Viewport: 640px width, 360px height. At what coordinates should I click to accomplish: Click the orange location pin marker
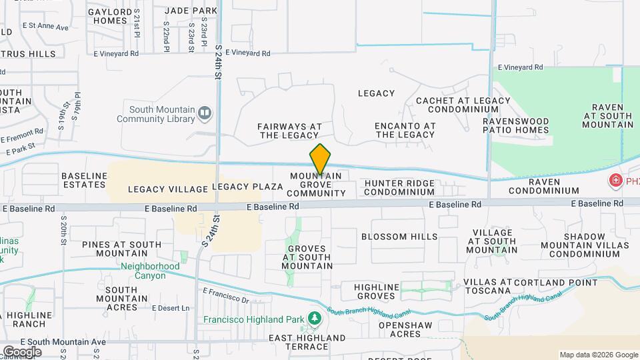coord(320,159)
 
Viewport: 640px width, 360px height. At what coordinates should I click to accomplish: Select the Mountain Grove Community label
coord(316,185)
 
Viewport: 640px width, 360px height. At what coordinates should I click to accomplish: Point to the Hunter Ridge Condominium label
coord(395,187)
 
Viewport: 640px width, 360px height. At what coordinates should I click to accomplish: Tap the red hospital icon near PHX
coord(614,181)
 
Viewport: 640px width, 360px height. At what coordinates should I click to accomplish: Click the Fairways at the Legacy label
coord(289,131)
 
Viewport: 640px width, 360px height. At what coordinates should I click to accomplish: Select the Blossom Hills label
coord(399,237)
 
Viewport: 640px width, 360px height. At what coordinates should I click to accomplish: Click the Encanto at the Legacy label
coord(405,130)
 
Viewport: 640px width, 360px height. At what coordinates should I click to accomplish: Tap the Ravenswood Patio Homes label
coord(517,125)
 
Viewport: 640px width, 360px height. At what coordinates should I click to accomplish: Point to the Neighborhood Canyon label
coord(141,271)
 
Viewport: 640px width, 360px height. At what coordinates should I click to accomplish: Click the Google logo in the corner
coord(21,351)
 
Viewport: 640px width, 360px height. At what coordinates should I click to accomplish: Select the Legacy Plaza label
coord(247,187)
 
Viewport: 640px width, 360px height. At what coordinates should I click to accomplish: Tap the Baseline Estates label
coord(84,180)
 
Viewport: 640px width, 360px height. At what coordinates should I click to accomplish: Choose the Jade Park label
coord(191,11)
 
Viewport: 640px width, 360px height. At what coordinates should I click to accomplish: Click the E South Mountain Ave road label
coord(54,342)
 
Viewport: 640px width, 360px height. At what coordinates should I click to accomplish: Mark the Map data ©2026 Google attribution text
coord(598,355)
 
